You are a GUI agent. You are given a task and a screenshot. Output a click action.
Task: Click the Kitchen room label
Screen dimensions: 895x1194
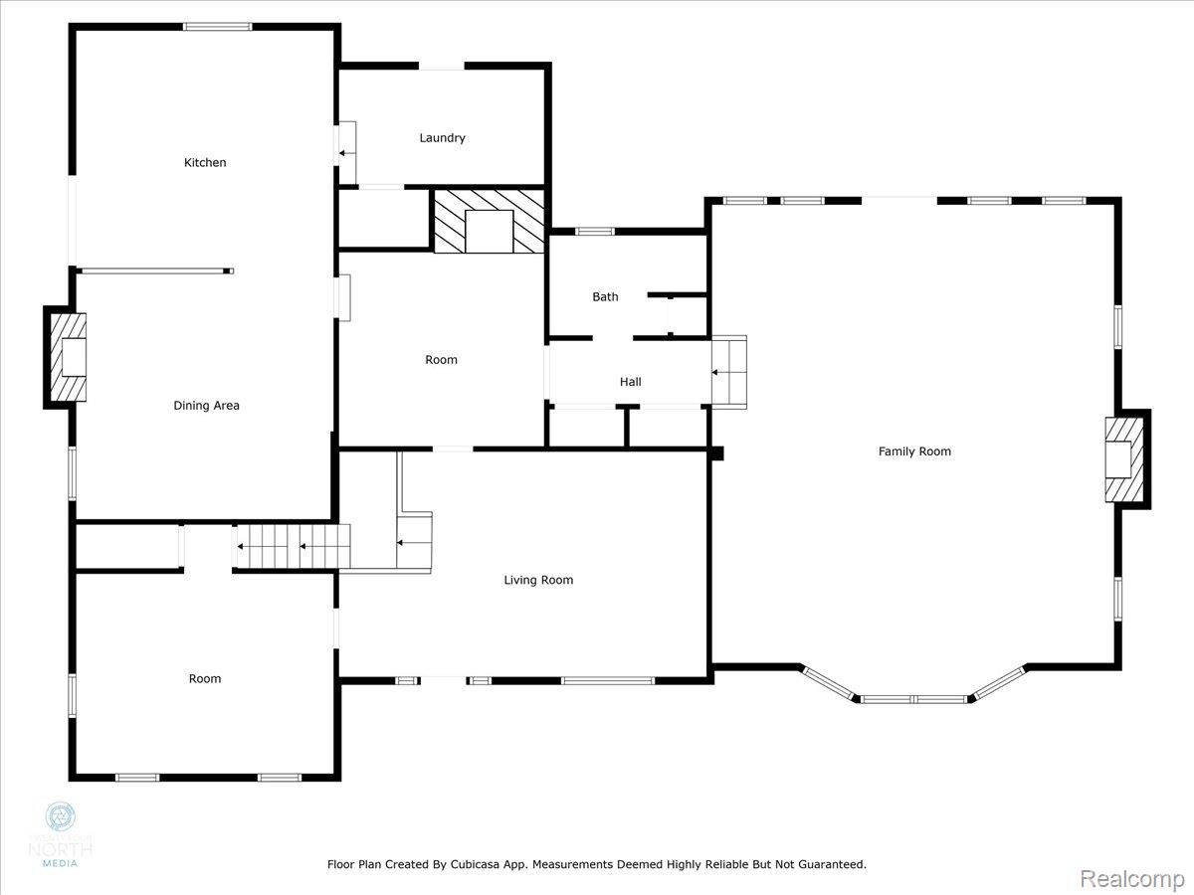click(205, 162)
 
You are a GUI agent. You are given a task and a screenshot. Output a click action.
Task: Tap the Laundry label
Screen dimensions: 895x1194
click(442, 138)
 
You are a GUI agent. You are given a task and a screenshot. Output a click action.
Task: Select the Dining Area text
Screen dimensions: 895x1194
click(206, 406)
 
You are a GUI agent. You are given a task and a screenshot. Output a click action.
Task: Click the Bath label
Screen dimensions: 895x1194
click(605, 296)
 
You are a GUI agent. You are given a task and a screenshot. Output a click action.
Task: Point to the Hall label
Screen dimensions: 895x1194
click(630, 382)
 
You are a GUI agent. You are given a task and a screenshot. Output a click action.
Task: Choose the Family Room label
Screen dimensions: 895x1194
click(914, 451)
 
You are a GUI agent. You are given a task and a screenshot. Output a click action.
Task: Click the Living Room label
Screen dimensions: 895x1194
click(538, 580)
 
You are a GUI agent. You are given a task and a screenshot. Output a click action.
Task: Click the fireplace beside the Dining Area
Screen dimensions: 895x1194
click(69, 357)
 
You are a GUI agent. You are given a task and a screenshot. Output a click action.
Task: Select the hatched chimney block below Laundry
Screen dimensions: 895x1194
click(489, 220)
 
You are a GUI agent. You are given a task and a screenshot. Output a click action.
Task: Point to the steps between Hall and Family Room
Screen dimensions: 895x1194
click(728, 372)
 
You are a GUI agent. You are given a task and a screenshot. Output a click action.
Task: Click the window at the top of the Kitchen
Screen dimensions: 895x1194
click(217, 27)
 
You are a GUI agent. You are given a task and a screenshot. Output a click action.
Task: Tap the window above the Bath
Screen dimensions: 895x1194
click(595, 232)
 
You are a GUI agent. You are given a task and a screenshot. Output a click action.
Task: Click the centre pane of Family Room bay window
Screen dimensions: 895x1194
click(913, 699)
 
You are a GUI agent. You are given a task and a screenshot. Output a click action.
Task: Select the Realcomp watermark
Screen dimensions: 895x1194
click(1131, 879)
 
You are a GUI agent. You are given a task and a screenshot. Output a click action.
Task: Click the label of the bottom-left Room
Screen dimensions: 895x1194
click(205, 678)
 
